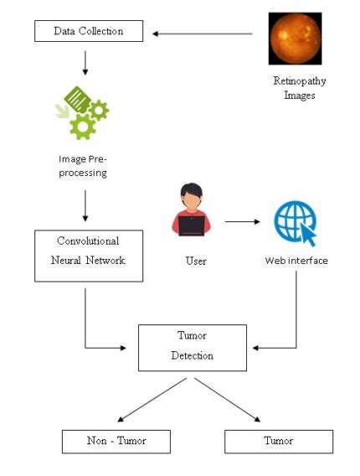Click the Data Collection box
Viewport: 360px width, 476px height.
(88, 32)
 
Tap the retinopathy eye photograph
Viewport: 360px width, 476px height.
(295, 38)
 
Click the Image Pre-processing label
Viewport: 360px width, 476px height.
(83, 165)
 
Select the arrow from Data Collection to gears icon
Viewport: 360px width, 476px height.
(85, 62)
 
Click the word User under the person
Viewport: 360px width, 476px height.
(195, 261)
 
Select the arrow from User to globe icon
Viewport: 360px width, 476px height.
(242, 222)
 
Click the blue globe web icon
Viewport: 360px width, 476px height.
(292, 222)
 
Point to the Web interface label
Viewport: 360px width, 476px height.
(296, 261)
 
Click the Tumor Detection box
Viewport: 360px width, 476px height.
(193, 347)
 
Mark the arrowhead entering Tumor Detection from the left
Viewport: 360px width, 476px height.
(133, 346)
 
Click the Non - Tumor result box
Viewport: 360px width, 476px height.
(116, 442)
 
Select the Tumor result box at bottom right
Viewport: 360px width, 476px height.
(279, 442)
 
